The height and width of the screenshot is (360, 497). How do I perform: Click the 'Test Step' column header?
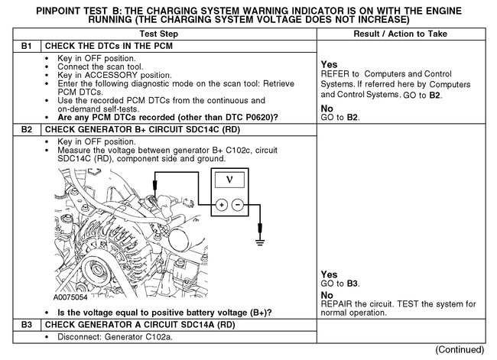coord(178,34)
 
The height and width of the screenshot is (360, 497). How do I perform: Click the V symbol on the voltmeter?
coord(229,180)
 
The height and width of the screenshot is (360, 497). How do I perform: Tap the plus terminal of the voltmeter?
coord(220,205)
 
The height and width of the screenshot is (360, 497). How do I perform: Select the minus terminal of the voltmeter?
coord(237,205)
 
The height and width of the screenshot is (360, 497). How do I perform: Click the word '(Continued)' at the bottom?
coord(460,349)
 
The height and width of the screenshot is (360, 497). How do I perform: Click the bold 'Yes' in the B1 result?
coord(330,64)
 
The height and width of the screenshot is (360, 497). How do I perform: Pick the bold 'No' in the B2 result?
coord(328,294)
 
